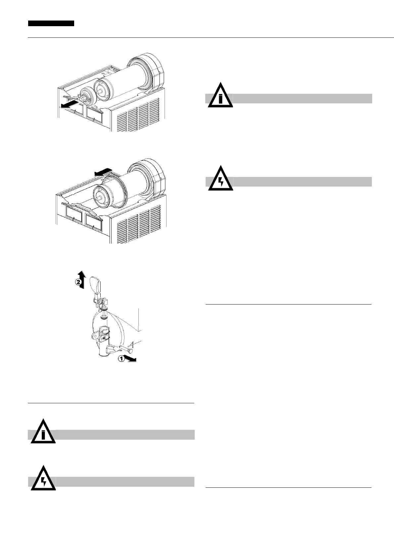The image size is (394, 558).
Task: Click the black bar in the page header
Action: coord(51,23)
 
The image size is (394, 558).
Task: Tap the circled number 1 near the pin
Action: coord(122,358)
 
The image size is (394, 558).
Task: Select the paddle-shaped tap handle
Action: coord(95,284)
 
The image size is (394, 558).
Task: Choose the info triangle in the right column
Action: coord(221,97)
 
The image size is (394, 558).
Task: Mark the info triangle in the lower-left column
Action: coord(43,433)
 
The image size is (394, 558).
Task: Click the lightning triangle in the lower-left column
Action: coord(43,480)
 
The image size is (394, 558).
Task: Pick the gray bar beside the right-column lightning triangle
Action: coord(301,182)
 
